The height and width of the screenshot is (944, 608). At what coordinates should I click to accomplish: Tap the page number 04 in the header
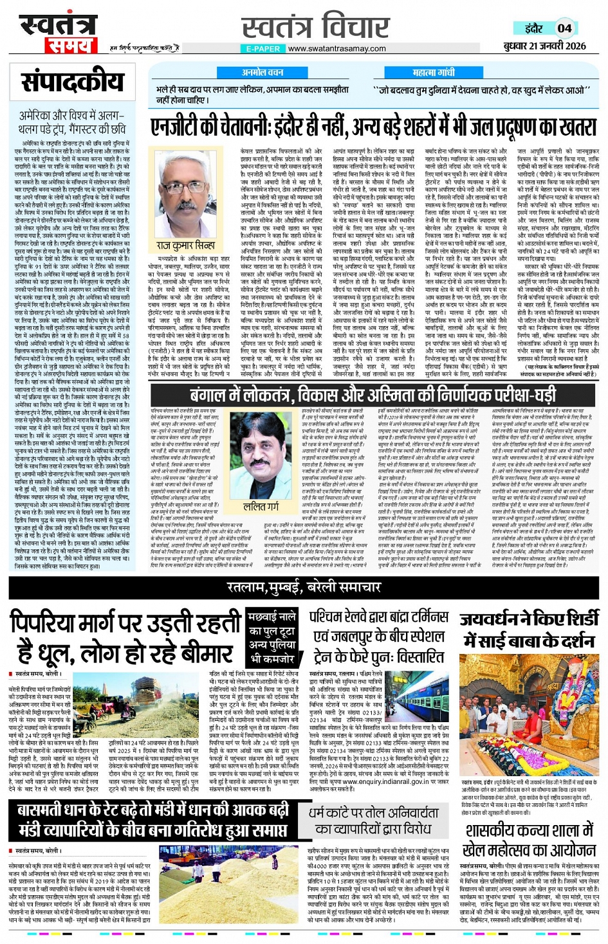pos(564,28)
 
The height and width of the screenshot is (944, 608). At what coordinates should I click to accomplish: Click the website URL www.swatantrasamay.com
pos(336,49)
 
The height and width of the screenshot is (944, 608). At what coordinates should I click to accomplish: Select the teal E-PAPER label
pos(263,49)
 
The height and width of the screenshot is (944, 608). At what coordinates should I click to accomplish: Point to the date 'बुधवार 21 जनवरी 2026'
pos(544,46)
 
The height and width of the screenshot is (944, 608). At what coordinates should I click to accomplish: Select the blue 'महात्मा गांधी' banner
pos(433,73)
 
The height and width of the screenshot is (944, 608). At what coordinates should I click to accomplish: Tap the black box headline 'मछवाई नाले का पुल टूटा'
pos(271,639)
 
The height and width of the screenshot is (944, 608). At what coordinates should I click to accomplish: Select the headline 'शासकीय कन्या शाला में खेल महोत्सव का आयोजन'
pos(530,840)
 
